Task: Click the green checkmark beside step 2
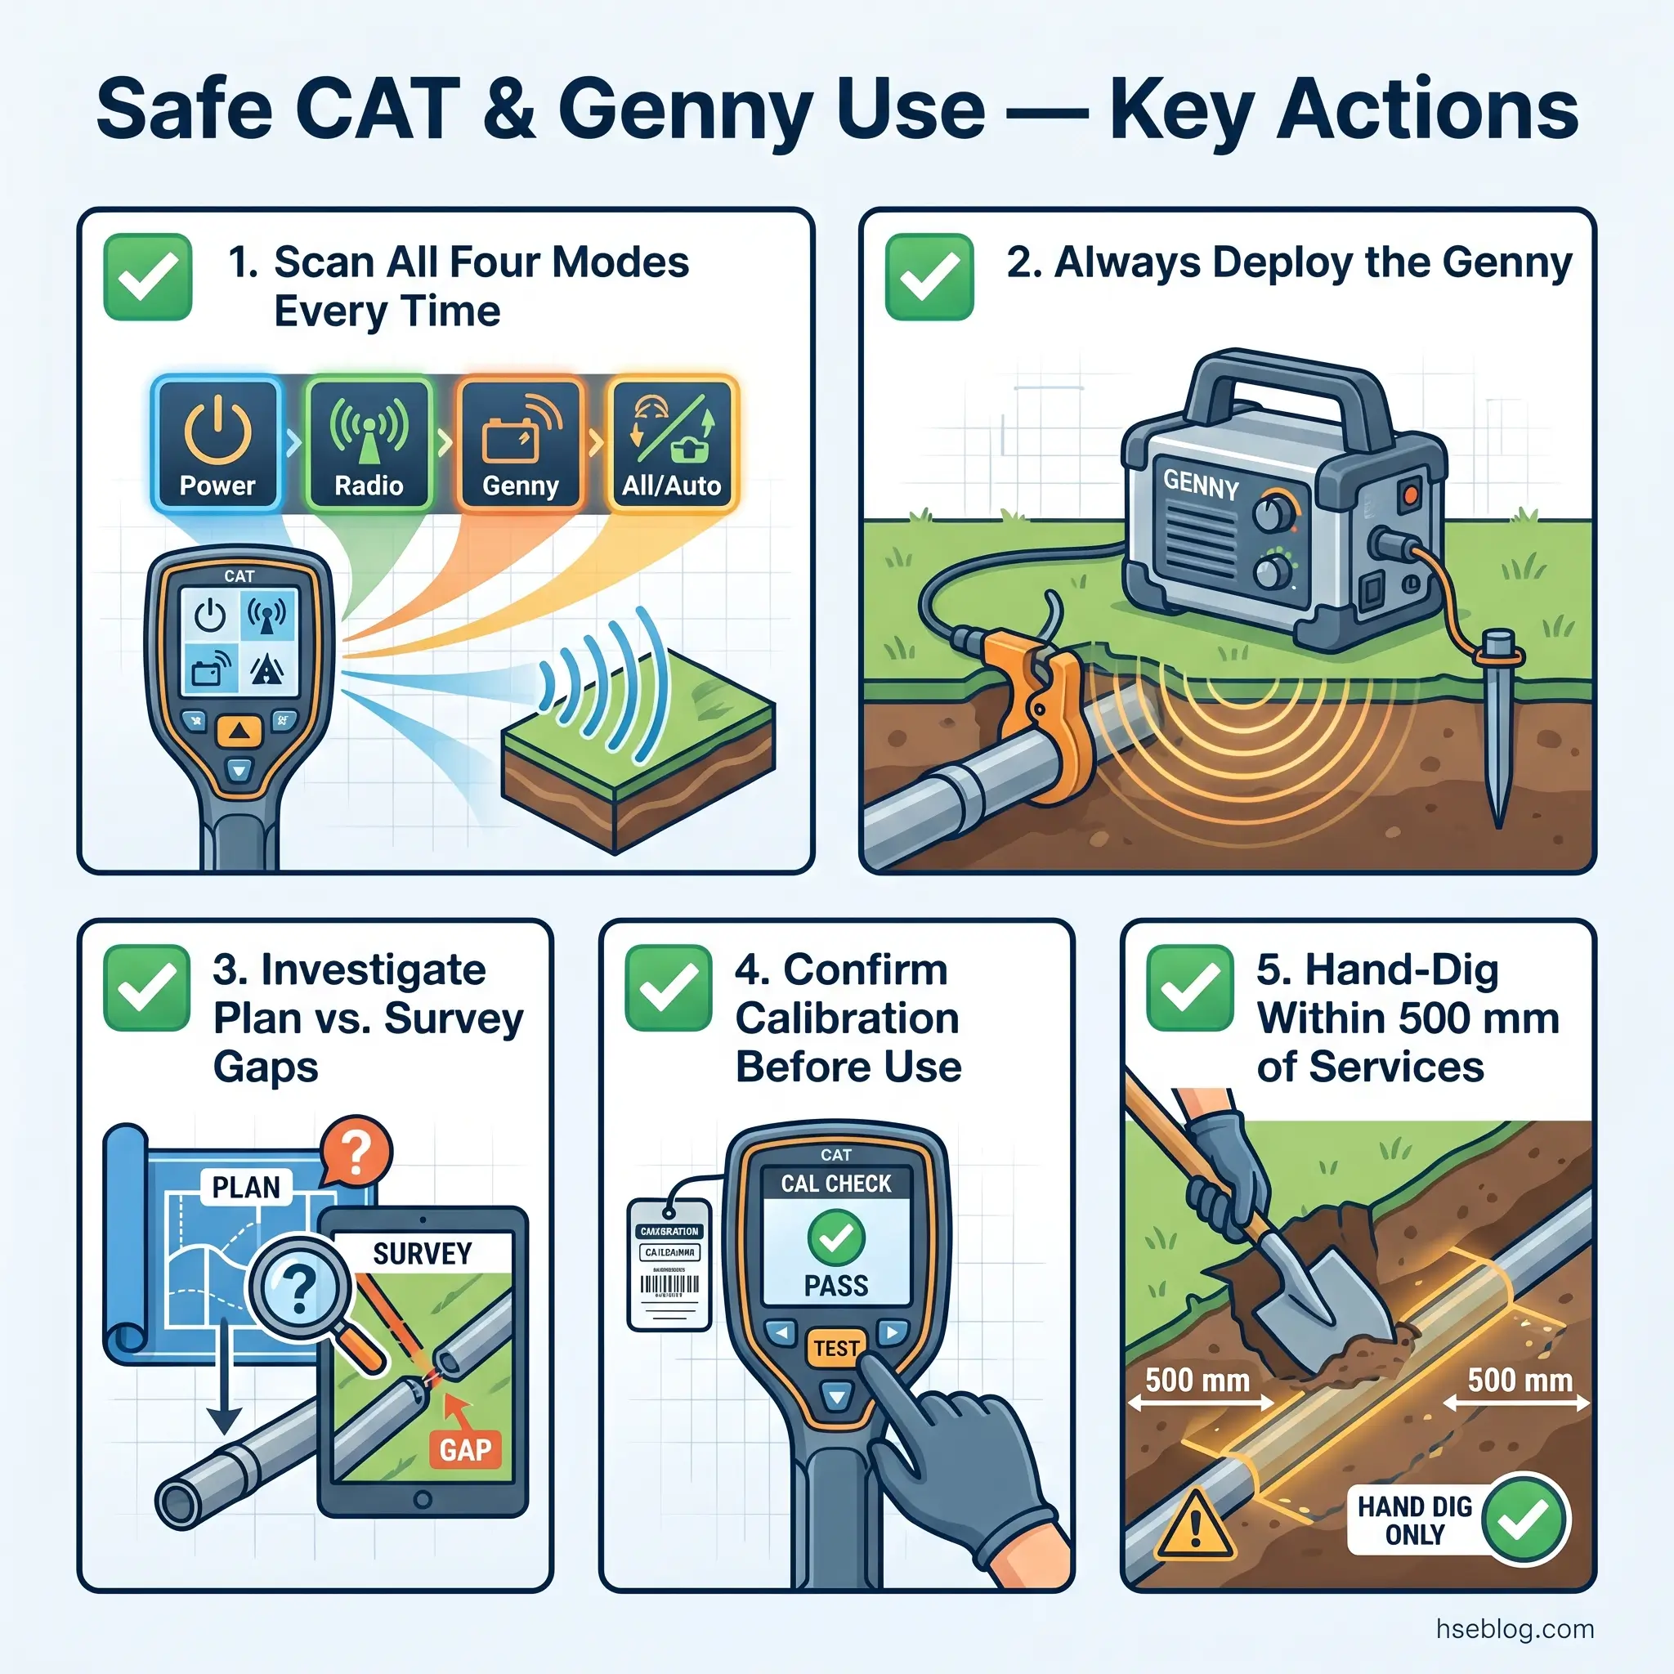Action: coord(929,277)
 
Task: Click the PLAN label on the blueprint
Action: coord(246,1186)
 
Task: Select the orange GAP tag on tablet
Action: coord(465,1448)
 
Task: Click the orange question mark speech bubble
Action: coord(356,1153)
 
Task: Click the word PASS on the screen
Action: coord(835,1286)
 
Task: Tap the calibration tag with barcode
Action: coord(669,1264)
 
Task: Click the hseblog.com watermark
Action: coord(1514,1628)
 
